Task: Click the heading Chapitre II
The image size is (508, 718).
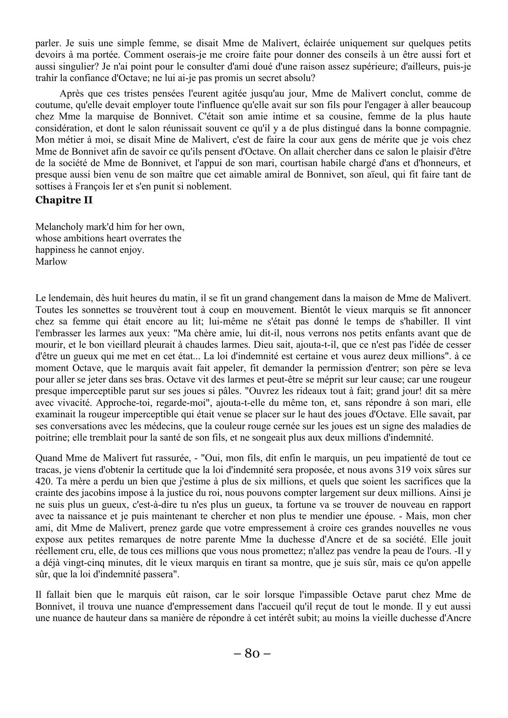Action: click(x=64, y=200)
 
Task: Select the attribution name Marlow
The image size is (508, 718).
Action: click(x=51, y=261)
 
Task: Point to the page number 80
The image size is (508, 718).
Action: click(x=252, y=653)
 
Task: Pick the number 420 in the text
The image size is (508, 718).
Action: click(x=44, y=481)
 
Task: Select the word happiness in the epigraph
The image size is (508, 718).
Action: click(x=55, y=250)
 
